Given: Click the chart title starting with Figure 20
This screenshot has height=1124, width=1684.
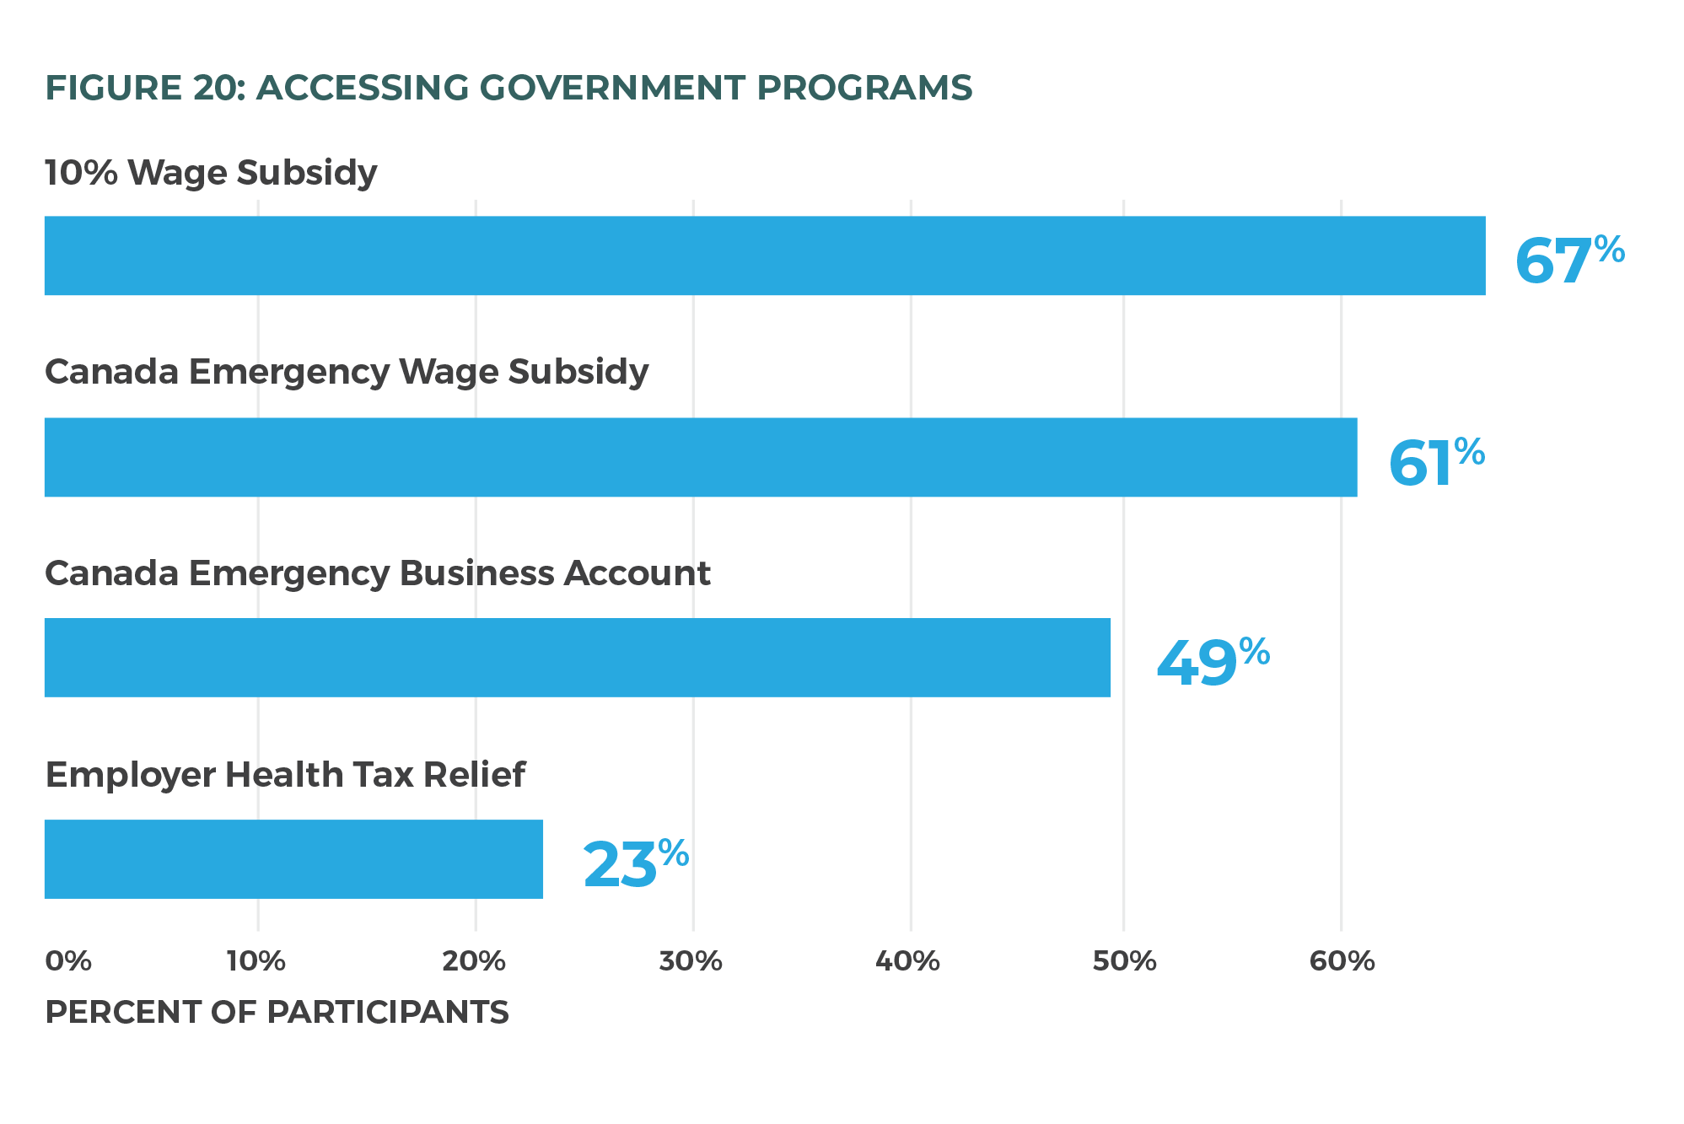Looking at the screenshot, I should coord(508,88).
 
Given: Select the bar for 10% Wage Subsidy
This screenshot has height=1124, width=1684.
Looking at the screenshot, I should coord(764,255).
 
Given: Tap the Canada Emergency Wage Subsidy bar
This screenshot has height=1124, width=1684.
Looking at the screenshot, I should coord(700,457).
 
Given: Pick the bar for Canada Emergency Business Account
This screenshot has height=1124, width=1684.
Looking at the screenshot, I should coord(577,658).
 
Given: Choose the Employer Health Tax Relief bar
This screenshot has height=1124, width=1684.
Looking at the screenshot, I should coord(293,859).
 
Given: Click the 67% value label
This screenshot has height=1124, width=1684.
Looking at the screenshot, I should coord(1568,260).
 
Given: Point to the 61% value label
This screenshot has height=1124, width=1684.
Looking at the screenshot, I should coord(1435,461).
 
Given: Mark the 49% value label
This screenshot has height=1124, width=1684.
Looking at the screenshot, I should coord(1212,662).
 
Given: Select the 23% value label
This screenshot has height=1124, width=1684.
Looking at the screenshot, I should coord(635,863).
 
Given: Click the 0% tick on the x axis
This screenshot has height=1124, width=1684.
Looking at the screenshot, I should coord(67,961).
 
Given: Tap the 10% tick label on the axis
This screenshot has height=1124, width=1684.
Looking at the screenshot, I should coord(256,961).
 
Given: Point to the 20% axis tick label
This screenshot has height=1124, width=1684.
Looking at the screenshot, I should coord(474,961).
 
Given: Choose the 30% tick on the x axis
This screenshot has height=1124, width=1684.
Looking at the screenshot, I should coord(691,961).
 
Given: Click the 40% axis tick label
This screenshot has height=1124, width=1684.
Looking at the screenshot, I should coord(907,961).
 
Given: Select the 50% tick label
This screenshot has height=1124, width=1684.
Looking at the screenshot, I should coord(1124,961).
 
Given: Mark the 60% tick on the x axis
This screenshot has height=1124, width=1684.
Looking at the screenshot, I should coord(1342,961).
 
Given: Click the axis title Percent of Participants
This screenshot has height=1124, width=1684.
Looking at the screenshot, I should coord(277,1012).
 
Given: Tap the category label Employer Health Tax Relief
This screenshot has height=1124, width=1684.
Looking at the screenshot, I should coord(285,775).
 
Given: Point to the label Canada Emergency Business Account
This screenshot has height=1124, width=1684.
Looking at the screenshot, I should coord(378,573).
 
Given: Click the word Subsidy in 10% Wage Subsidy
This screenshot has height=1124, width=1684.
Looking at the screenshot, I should coord(307,173).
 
